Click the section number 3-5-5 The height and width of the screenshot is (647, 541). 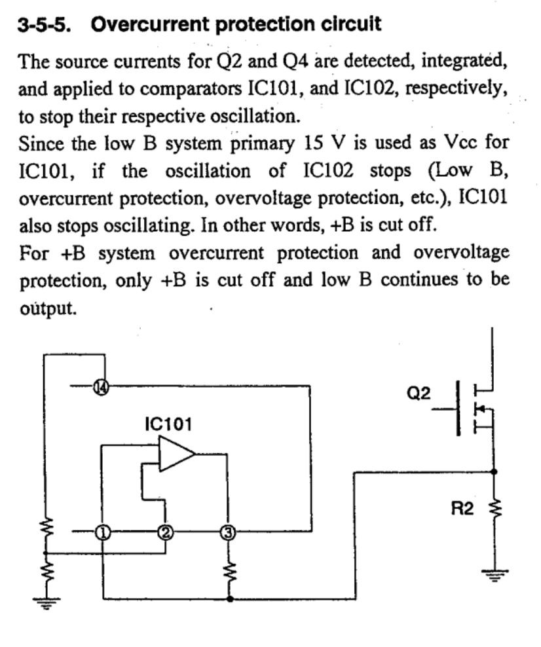pos(45,25)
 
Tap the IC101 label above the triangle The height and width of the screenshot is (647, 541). pos(168,424)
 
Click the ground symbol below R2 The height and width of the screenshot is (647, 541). pos(494,576)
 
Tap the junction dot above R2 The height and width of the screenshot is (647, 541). pos(494,471)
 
